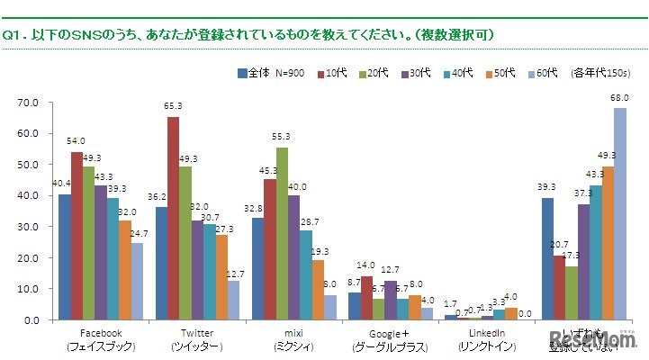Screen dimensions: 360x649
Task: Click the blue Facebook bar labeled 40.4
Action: pos(64,257)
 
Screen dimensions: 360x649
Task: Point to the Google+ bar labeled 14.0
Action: pos(365,298)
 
